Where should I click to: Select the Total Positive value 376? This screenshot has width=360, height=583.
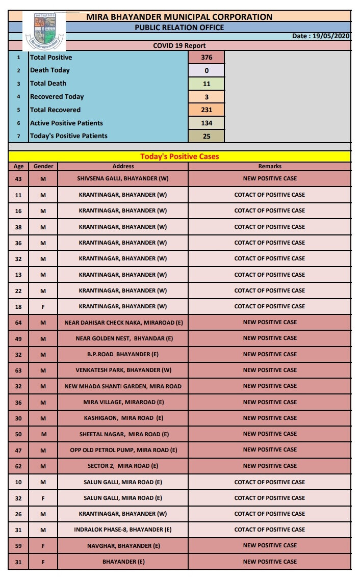(206, 58)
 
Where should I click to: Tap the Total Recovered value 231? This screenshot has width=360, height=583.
(206, 110)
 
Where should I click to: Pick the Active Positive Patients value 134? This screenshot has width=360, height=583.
(206, 123)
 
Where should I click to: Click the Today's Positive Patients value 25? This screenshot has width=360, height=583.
(206, 136)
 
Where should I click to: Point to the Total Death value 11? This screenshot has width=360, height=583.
(206, 84)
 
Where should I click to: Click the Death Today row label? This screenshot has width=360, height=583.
(50, 70)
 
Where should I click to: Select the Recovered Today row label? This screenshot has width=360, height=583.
(57, 97)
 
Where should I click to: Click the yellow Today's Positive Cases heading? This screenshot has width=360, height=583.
(179, 156)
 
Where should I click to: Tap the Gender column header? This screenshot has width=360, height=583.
(43, 166)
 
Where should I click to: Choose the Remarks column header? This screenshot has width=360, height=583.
(270, 166)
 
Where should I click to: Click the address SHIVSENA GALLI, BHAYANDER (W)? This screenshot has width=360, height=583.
(123, 179)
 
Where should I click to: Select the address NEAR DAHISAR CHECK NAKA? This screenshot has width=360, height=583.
(123, 323)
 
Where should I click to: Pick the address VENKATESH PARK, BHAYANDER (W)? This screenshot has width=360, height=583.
(123, 370)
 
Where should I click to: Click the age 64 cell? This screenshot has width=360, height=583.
(18, 323)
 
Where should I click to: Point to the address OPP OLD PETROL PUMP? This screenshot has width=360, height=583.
(123, 450)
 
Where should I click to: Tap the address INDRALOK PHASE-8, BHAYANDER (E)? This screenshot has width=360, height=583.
(123, 530)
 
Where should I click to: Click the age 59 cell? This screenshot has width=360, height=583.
(18, 546)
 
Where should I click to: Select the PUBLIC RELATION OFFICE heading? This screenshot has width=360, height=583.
(179, 28)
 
